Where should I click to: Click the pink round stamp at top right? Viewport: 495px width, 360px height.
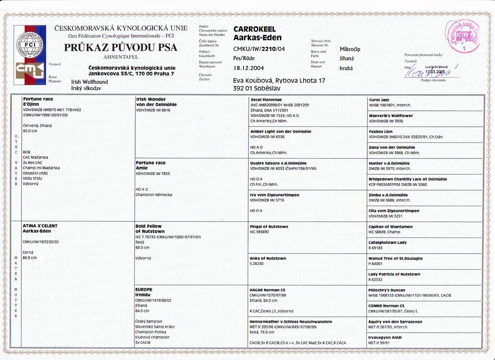(x=459, y=36)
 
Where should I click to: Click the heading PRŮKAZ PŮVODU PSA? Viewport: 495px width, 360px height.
(x=121, y=47)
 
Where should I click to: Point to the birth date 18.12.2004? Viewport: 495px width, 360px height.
(x=249, y=68)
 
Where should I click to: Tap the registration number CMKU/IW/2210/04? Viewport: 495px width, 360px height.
(x=259, y=49)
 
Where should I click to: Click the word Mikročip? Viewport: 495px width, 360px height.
(x=350, y=49)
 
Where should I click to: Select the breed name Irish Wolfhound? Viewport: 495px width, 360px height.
(x=90, y=82)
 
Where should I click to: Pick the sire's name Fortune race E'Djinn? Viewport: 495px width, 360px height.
(x=38, y=102)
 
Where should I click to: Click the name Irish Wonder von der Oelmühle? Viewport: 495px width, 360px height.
(x=156, y=102)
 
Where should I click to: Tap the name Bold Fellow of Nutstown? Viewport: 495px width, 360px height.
(x=150, y=229)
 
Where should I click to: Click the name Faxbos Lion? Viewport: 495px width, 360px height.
(x=381, y=131)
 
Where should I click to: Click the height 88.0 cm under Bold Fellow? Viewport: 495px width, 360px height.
(x=143, y=248)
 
